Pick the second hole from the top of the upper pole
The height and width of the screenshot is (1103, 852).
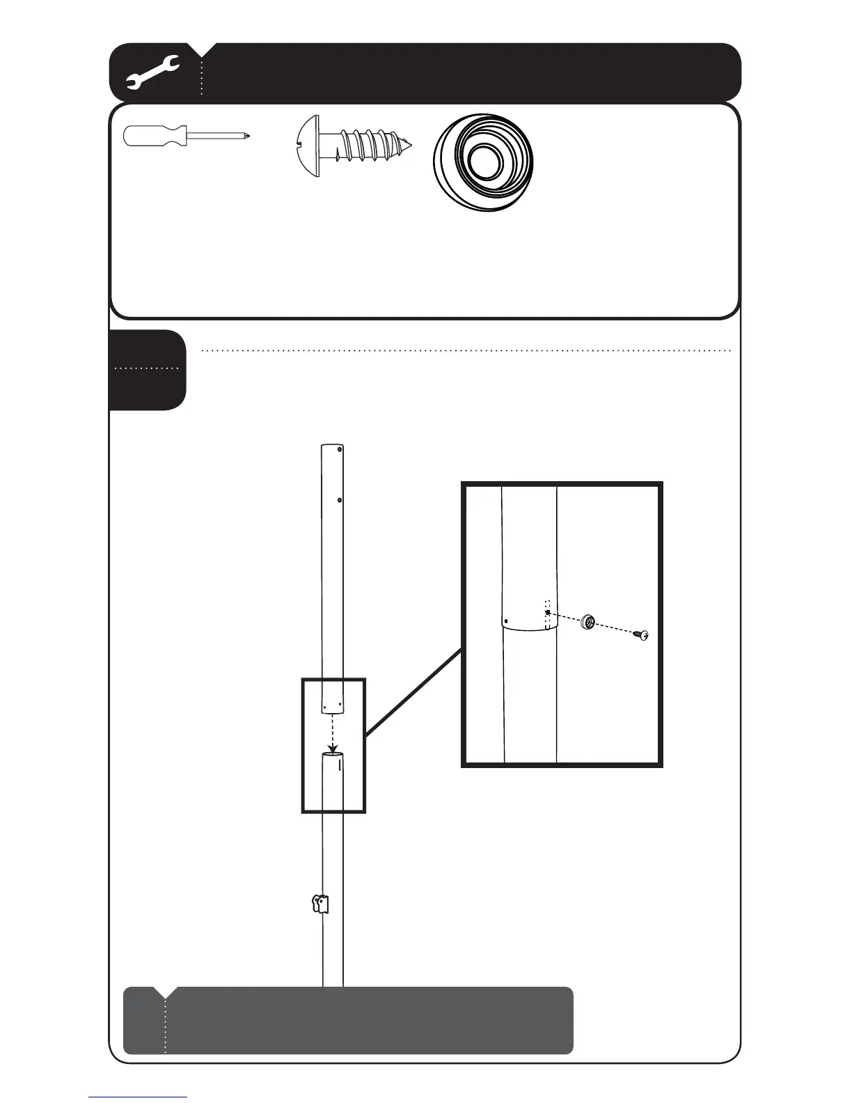339,499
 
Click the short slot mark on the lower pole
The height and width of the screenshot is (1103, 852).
340,766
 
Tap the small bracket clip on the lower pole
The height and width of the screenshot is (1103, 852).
319,905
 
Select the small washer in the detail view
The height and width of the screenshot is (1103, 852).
590,622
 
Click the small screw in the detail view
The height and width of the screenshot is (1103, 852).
642,634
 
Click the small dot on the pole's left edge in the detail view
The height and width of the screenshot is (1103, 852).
506,620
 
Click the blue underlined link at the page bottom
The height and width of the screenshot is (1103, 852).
138,1097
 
